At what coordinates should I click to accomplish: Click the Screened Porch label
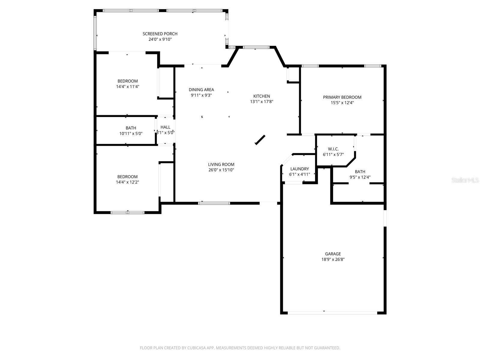tap(160, 34)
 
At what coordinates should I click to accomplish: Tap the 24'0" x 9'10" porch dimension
tap(160, 39)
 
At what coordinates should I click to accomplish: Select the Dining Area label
tap(201, 90)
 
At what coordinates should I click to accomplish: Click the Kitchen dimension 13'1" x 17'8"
tap(262, 102)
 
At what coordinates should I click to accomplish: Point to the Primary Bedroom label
tap(342, 97)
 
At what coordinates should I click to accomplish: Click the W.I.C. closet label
tap(333, 149)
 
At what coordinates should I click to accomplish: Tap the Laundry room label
tap(299, 169)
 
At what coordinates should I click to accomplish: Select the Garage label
tap(333, 254)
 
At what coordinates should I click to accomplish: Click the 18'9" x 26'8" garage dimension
tap(333, 259)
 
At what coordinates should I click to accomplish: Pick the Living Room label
tap(221, 164)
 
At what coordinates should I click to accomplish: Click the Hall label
tap(165, 127)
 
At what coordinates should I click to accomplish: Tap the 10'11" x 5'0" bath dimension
tap(131, 133)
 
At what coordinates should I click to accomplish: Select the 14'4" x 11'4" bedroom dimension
tap(127, 87)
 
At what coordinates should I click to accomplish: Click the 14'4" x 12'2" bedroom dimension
tap(127, 182)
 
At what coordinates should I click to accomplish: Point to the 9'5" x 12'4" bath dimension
tap(360, 177)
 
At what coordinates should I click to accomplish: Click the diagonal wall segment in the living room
tap(260, 140)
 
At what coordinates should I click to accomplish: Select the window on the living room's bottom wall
tap(214, 203)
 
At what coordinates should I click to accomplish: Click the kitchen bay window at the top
tap(256, 47)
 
